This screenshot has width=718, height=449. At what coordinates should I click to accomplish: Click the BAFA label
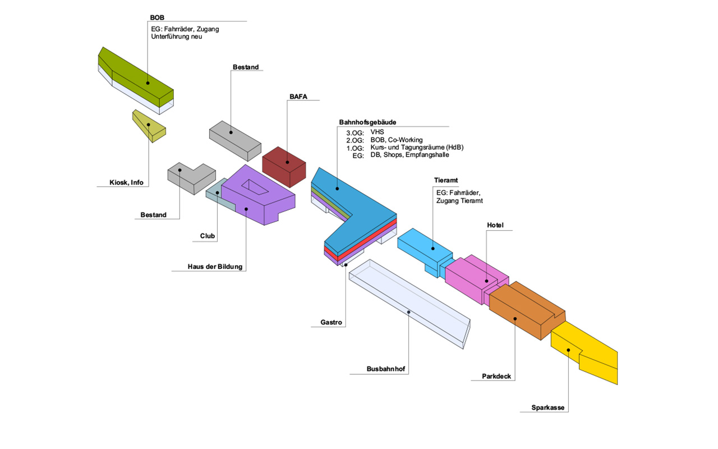point(298,97)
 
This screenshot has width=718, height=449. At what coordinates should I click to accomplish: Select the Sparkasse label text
point(548,407)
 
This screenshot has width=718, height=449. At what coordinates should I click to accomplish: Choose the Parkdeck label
point(496,376)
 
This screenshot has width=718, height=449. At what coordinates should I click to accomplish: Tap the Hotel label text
point(495,226)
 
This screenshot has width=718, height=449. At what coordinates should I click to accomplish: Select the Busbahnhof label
point(386,369)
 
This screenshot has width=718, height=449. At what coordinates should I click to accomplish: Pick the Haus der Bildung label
point(215,267)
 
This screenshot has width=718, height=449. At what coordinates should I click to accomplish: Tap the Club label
point(208,236)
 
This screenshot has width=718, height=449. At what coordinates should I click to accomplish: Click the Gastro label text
point(331,323)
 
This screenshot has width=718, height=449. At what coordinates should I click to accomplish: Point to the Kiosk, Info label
point(126,182)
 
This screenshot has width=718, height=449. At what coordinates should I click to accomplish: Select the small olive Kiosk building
point(149,126)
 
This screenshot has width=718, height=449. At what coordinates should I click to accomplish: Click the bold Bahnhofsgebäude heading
point(368,122)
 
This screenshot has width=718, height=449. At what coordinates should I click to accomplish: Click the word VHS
point(377,132)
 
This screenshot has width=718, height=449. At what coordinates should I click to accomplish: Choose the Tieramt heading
point(447,180)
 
